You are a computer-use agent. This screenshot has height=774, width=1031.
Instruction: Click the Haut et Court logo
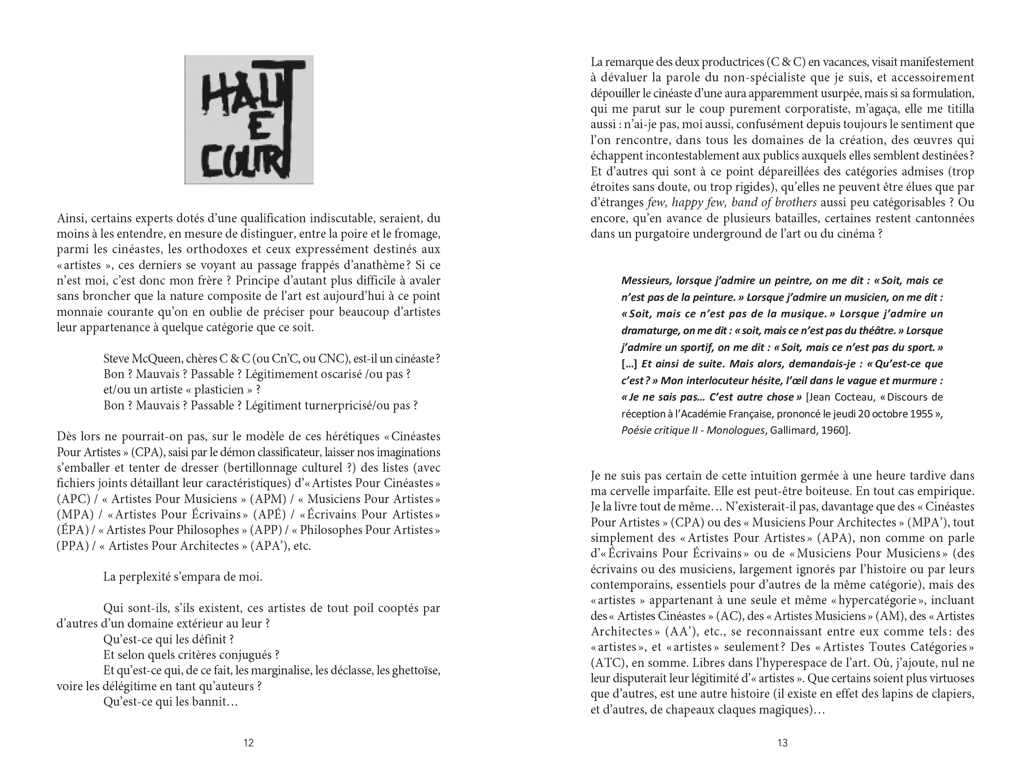coord(249,120)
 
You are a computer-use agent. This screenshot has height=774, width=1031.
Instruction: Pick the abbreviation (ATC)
coord(608,663)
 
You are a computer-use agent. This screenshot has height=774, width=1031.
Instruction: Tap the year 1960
coord(831,431)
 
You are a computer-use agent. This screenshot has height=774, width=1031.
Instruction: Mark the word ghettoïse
coord(416,671)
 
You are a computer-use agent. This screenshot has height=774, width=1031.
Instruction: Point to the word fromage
coord(415,234)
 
